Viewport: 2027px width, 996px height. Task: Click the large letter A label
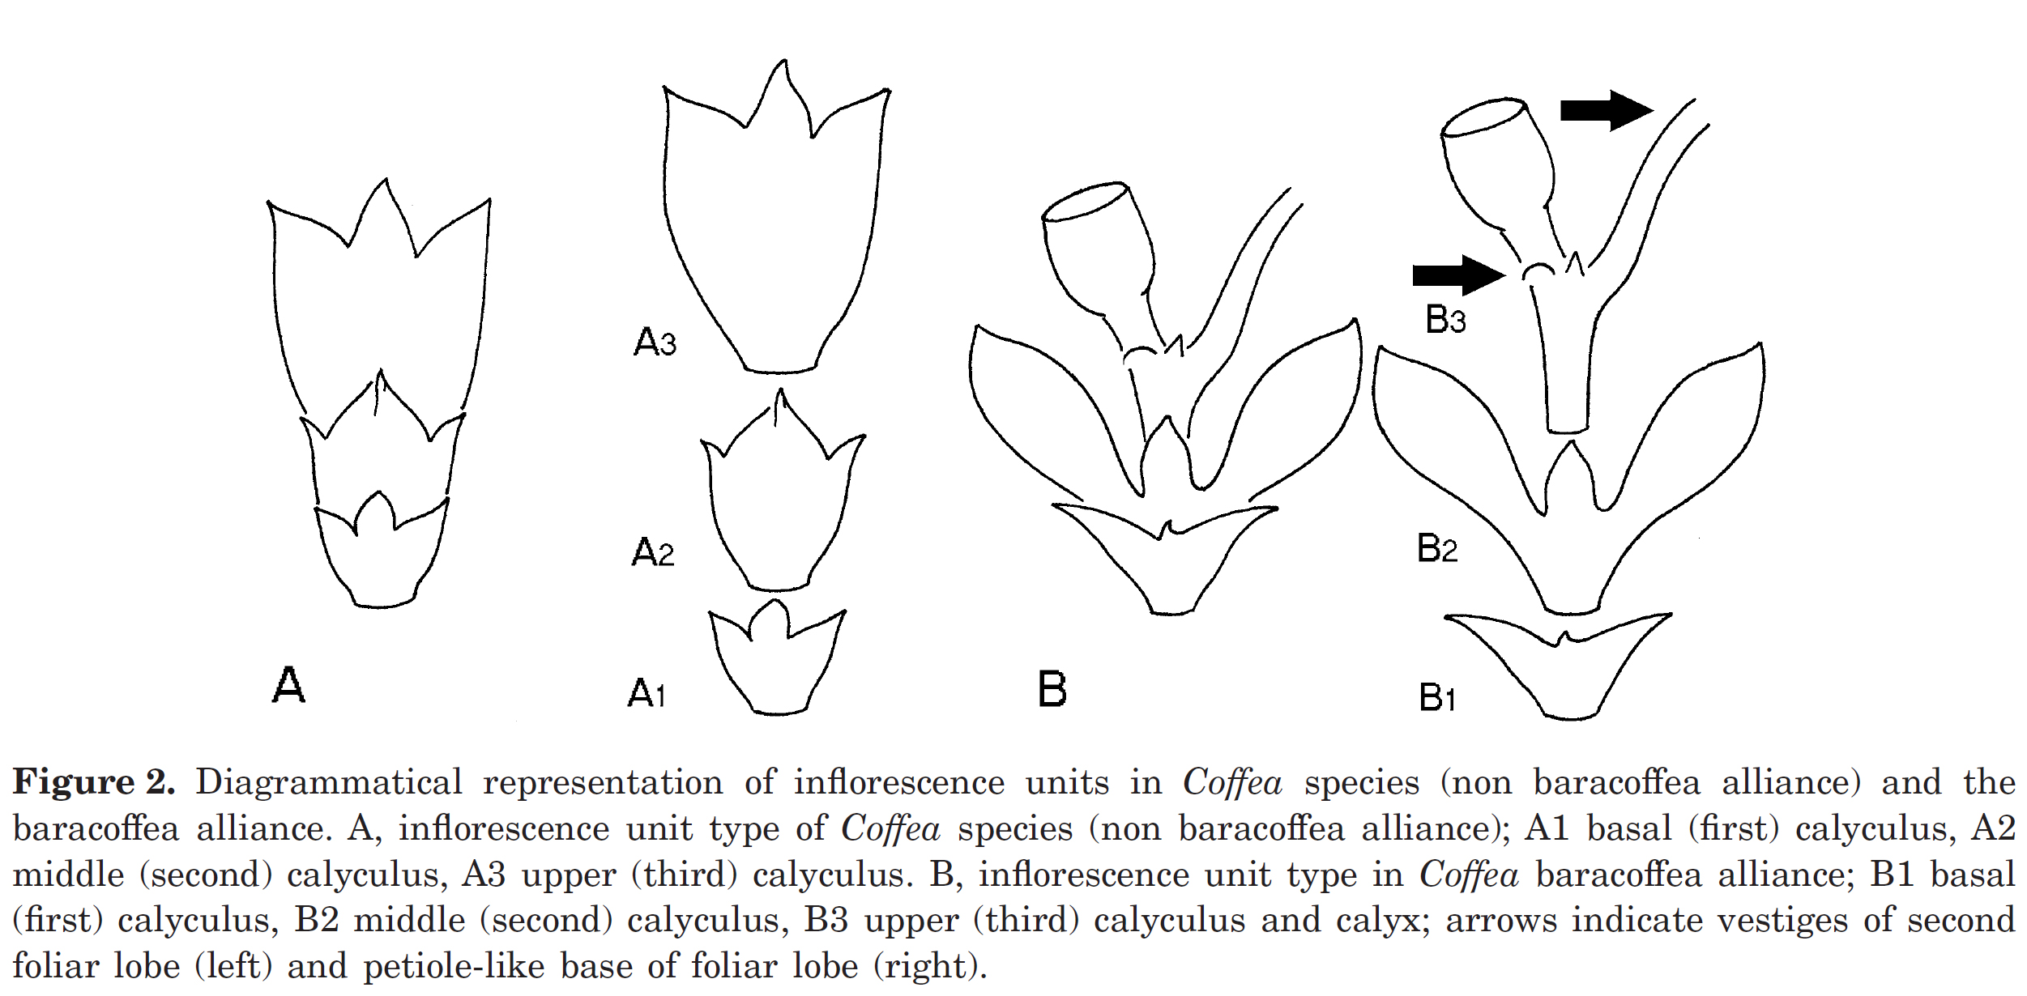pos(288,685)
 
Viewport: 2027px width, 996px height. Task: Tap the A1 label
pos(647,694)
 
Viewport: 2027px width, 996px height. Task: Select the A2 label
pos(652,552)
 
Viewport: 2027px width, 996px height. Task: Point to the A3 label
pos(655,342)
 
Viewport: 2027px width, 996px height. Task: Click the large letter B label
pos(1052,690)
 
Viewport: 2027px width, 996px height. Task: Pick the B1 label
pos(1437,697)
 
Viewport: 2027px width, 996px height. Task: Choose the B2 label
pos(1437,548)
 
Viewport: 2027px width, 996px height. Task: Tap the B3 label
pos(1445,319)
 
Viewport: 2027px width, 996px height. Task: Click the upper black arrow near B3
pos(1606,110)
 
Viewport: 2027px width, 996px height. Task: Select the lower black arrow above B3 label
pos(1457,275)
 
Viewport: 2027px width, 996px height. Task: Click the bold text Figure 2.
pos(94,782)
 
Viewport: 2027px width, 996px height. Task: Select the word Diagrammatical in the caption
pos(329,782)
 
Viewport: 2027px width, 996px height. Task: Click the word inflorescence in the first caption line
pos(898,782)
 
